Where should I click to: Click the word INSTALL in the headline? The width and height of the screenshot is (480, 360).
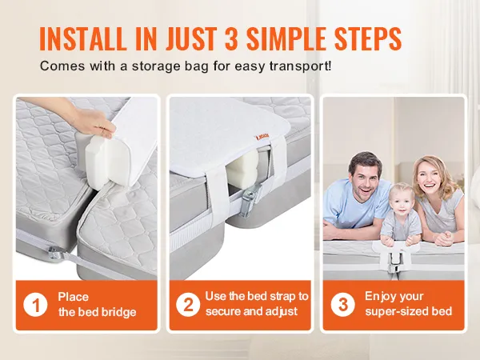tap(83, 39)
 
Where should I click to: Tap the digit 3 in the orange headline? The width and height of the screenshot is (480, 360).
tap(232, 39)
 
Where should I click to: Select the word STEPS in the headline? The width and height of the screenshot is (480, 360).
tap(368, 39)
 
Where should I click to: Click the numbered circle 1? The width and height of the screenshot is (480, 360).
tap(35, 305)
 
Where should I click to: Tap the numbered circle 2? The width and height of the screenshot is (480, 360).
tap(188, 305)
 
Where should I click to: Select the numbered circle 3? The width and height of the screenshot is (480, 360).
tap(343, 305)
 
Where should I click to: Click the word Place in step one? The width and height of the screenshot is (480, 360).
tap(74, 297)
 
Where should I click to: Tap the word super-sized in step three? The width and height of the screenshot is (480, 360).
tap(396, 312)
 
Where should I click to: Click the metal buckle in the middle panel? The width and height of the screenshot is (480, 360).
tap(250, 202)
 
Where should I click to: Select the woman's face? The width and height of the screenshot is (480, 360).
tap(430, 180)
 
